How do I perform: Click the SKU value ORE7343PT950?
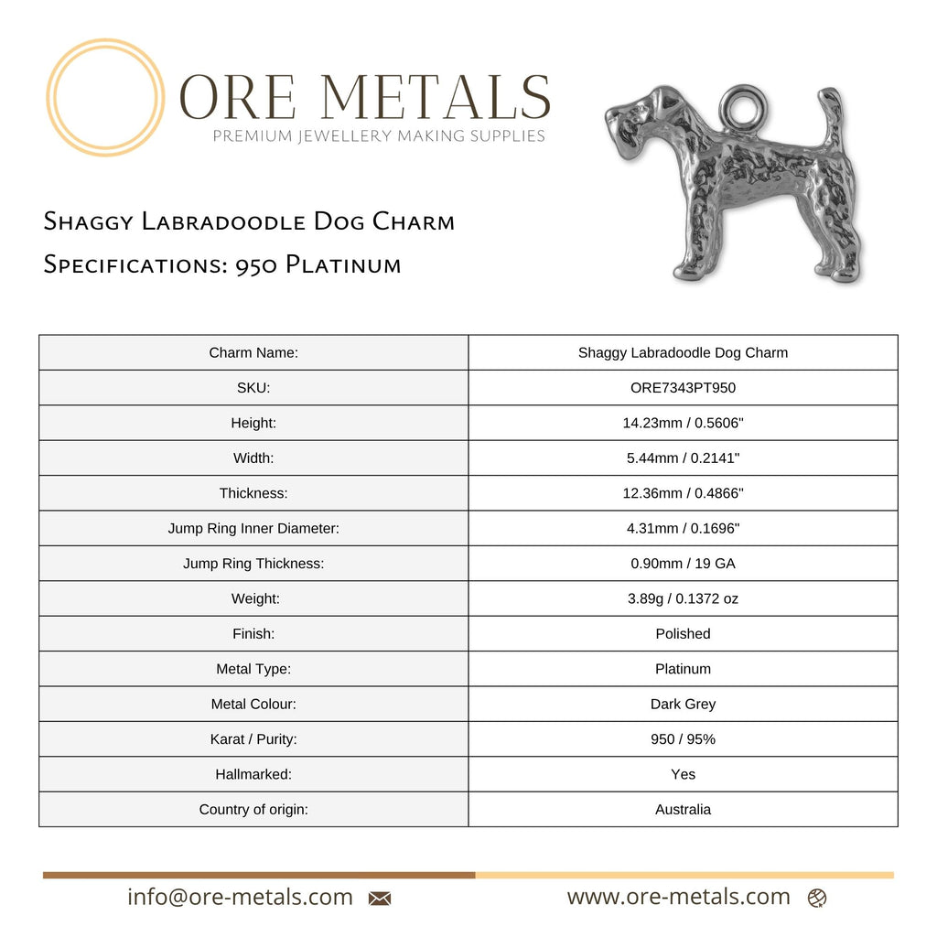[x=683, y=387]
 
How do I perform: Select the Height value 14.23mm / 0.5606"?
[x=683, y=423]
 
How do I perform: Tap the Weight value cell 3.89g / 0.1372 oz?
[x=683, y=598]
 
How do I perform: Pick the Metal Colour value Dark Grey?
[x=683, y=704]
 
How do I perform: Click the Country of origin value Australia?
[x=683, y=809]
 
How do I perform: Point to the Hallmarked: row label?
[x=253, y=774]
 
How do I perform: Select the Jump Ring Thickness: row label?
[x=253, y=564]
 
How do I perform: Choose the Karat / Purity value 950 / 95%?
[x=683, y=738]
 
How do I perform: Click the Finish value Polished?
[x=683, y=633]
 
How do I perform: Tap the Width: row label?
[x=253, y=458]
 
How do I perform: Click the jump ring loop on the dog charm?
[x=742, y=107]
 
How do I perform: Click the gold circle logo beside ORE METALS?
[x=105, y=97]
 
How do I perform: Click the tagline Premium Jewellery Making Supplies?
[x=379, y=136]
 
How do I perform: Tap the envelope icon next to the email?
[x=380, y=899]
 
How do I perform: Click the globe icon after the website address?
[x=817, y=899]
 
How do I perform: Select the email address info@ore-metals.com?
[x=240, y=897]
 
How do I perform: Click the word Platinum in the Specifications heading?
[x=343, y=265]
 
